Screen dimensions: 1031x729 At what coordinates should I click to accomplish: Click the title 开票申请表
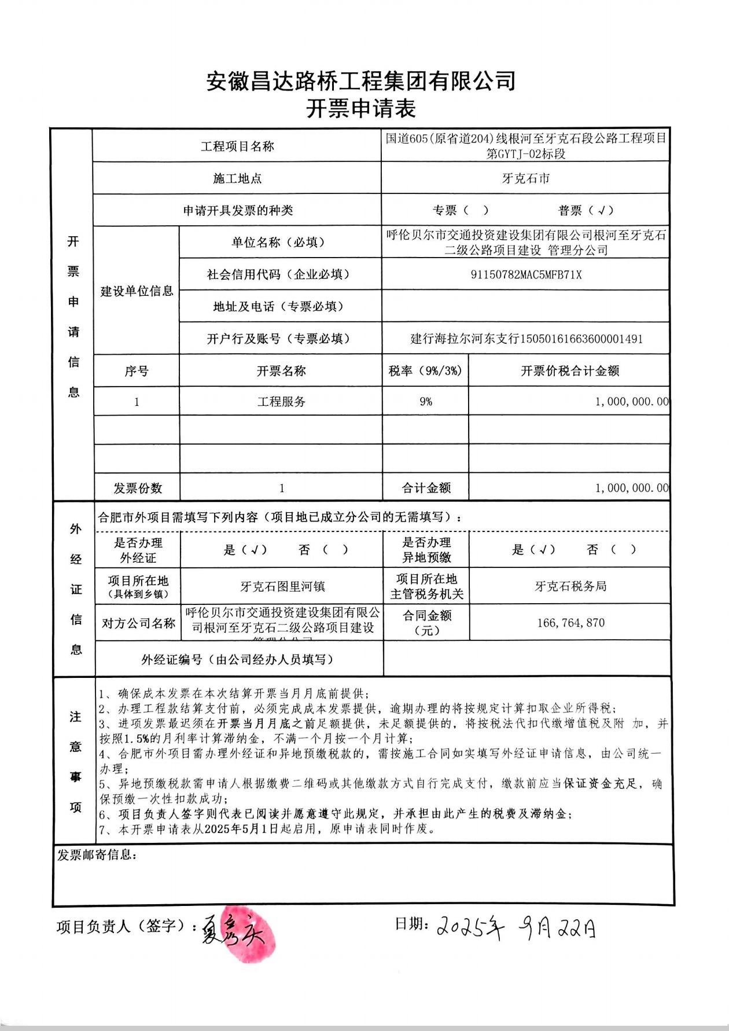(x=360, y=108)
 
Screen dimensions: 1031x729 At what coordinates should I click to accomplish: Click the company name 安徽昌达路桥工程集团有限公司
(x=360, y=81)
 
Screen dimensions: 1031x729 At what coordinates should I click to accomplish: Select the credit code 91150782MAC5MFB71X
(x=525, y=274)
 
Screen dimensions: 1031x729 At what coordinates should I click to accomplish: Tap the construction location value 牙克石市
(x=525, y=178)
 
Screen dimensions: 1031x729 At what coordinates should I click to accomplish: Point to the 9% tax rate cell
(x=425, y=402)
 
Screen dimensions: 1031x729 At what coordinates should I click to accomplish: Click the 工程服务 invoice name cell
(x=281, y=402)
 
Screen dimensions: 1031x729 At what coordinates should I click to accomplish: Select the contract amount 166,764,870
(x=570, y=623)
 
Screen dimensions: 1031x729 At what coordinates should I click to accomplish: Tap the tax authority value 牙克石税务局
(x=570, y=586)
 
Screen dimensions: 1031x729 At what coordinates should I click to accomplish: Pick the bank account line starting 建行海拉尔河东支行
(x=526, y=339)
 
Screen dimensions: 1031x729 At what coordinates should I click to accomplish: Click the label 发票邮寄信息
(x=97, y=855)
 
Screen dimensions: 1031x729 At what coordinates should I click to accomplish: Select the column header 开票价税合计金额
(x=570, y=371)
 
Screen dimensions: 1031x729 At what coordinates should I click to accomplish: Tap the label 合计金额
(x=426, y=488)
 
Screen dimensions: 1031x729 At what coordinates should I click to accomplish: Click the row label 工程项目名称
(x=237, y=146)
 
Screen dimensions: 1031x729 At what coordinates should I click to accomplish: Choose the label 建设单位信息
(x=137, y=291)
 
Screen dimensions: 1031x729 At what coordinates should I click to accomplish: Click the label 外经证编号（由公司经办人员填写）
(x=237, y=659)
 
